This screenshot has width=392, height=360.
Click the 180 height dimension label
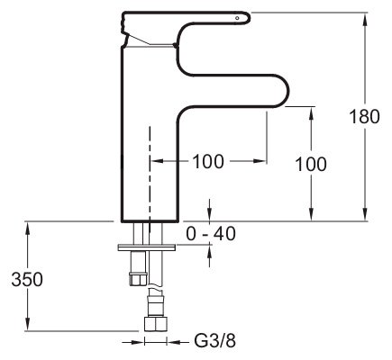[x=365, y=116]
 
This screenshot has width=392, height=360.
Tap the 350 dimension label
[x=27, y=280]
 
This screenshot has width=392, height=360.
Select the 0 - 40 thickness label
[x=211, y=234]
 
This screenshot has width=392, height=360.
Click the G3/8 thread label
[x=215, y=341]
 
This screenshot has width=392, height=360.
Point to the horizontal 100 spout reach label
[x=208, y=161]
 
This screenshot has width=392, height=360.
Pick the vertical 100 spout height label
[x=311, y=165]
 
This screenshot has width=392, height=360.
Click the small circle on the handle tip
[x=237, y=18]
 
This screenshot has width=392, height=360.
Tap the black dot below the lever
[x=175, y=45]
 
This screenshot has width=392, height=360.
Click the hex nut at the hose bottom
[x=156, y=324]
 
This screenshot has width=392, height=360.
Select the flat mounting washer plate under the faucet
[x=147, y=247]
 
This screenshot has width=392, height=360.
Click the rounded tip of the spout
[x=286, y=90]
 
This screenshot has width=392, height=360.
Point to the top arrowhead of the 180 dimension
[x=365, y=20]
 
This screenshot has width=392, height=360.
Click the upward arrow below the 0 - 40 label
[x=209, y=256]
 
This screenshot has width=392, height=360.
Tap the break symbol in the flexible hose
[x=155, y=287]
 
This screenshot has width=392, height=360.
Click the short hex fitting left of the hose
[x=138, y=279]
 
